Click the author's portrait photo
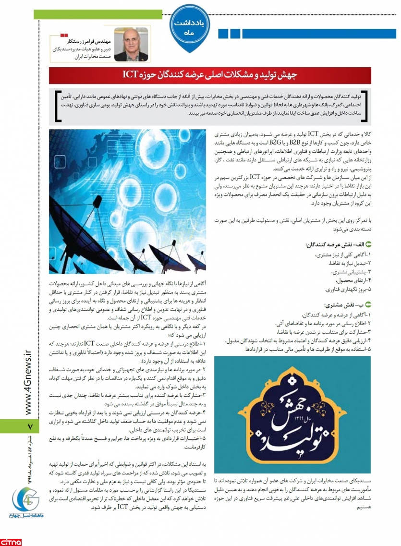click(131, 44)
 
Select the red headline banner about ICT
click(210, 75)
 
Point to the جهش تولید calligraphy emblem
click(292, 414)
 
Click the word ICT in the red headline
click(131, 75)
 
